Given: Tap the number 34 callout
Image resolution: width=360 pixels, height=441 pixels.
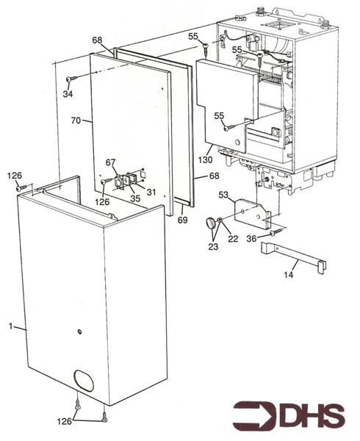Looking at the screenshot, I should click(68, 94).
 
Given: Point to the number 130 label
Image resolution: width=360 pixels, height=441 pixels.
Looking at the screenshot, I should click(206, 159).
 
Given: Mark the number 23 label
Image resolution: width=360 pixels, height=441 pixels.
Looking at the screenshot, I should click(214, 247).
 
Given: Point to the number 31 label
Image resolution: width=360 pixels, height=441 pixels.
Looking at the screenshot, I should click(151, 193).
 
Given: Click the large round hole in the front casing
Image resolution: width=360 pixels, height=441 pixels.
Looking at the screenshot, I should click(87, 383).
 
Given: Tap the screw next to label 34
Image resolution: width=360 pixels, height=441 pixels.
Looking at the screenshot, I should click(72, 79).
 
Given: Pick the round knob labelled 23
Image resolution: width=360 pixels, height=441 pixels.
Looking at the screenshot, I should click(212, 223).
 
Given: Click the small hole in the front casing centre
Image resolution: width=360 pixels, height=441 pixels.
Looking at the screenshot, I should click(79, 332).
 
